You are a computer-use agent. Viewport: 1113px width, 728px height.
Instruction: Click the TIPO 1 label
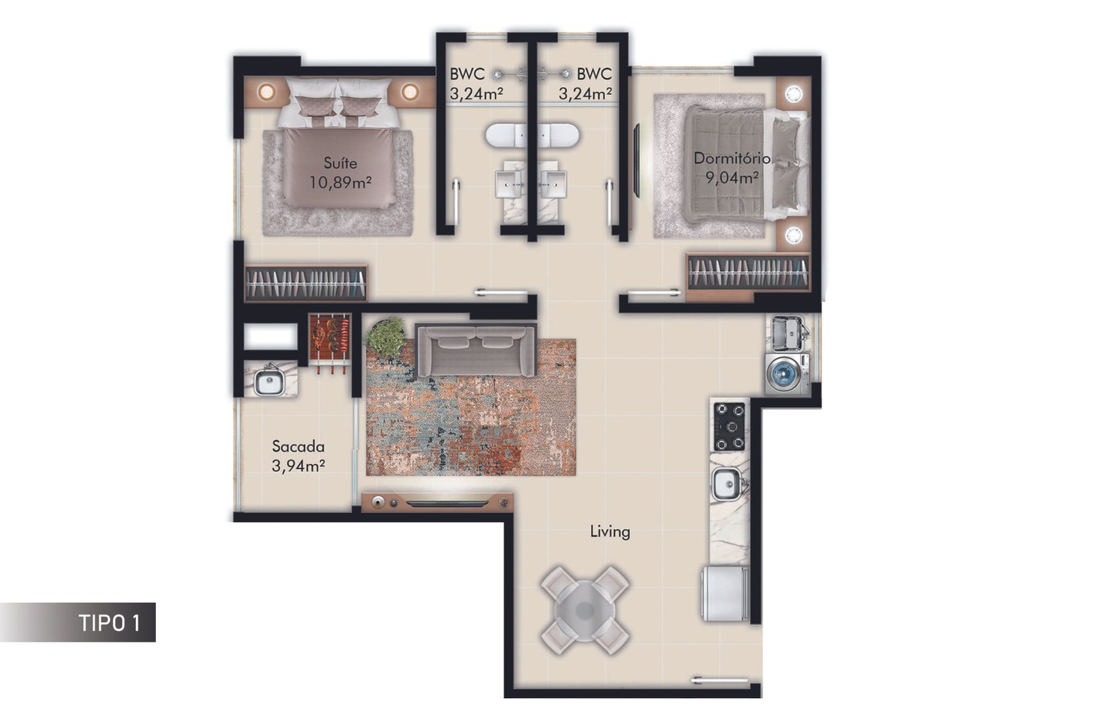tap(110, 623)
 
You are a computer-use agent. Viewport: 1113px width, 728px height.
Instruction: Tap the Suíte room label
tap(340, 163)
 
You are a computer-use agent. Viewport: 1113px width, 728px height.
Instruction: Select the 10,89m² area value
tap(340, 182)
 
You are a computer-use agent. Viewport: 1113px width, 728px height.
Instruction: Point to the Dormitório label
tap(732, 158)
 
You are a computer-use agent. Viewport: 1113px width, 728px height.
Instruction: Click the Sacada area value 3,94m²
tap(298, 466)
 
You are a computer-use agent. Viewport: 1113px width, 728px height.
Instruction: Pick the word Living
tap(610, 532)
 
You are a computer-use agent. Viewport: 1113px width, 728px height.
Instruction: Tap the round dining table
tap(585, 610)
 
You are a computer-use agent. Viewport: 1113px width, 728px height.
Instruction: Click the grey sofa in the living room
tap(476, 349)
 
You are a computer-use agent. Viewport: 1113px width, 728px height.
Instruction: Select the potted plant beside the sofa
tap(386, 337)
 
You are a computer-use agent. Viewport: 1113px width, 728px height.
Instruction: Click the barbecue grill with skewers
tap(330, 340)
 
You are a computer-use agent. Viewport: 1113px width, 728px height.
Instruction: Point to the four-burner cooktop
tap(730, 427)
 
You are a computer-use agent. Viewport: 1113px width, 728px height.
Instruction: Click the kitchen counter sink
tap(726, 483)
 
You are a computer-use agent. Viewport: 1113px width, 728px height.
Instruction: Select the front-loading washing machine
tap(787, 374)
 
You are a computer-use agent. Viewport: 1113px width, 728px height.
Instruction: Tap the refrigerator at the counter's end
tap(725, 593)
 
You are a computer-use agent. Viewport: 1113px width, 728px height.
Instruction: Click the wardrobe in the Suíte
tap(306, 283)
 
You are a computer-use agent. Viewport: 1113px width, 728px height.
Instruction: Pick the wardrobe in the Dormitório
tap(748, 272)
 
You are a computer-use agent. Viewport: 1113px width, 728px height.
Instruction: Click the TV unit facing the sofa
tap(438, 503)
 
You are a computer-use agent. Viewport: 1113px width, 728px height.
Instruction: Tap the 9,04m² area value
tap(732, 177)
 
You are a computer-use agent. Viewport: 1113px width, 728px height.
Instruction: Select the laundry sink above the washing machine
tap(787, 332)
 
